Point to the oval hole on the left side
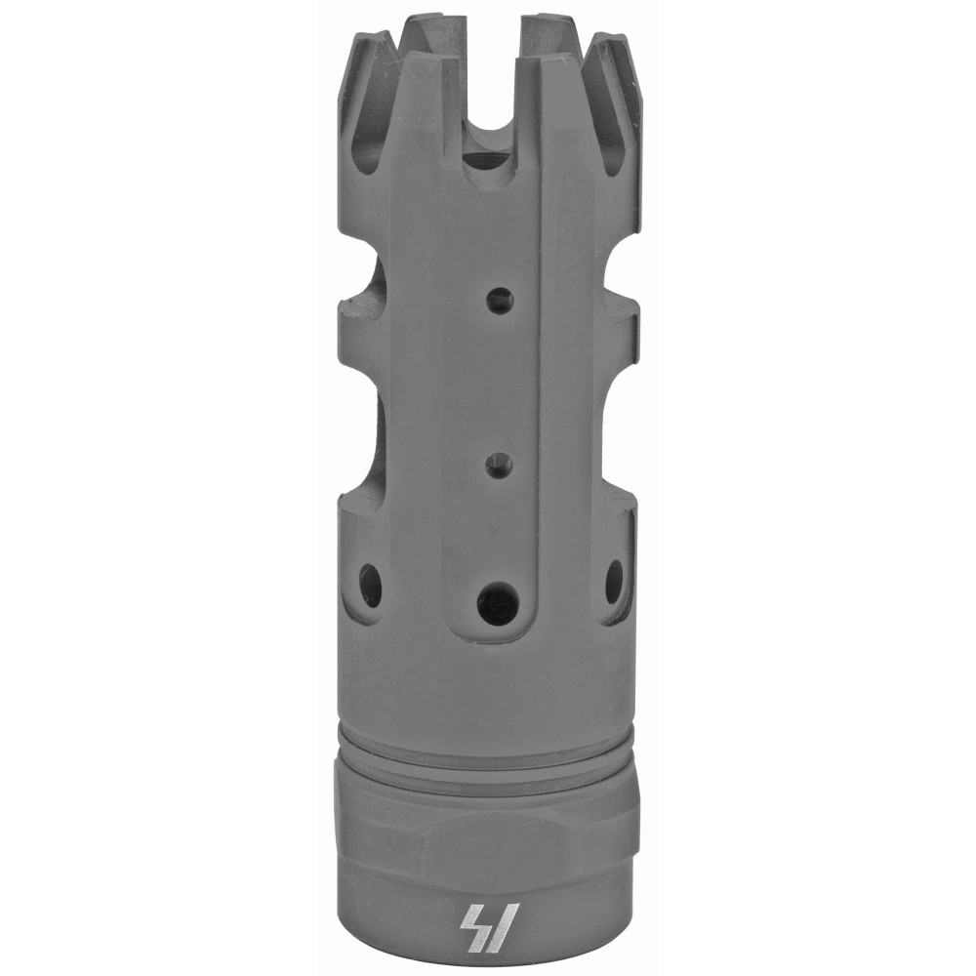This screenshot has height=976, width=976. [x=371, y=585]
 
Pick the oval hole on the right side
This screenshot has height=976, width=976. [x=614, y=581]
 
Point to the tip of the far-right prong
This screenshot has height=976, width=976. [x=619, y=44]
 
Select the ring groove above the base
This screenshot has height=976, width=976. [x=488, y=754]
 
